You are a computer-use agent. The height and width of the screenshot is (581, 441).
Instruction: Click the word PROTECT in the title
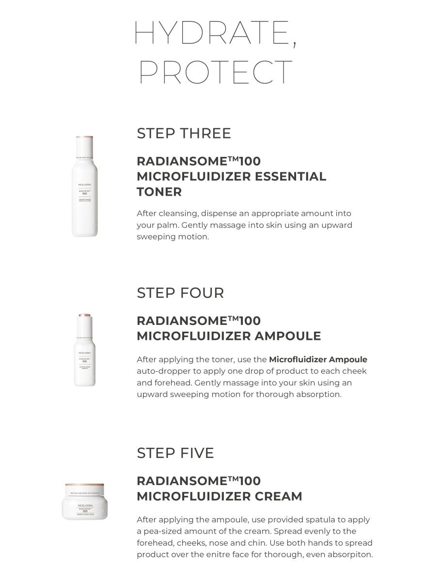pyautogui.click(x=216, y=72)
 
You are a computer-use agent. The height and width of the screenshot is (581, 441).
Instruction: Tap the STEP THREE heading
pyautogui.click(x=184, y=133)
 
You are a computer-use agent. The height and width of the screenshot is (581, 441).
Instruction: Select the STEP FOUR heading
pyautogui.click(x=180, y=293)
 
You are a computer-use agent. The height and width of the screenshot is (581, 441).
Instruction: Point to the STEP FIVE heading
pyautogui.click(x=175, y=453)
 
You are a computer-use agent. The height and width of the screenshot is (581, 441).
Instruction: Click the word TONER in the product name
pyautogui.click(x=159, y=192)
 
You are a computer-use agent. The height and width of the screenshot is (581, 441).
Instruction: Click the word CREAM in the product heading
pyautogui.click(x=277, y=496)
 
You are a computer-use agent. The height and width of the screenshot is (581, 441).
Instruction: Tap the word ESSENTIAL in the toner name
pyautogui.click(x=288, y=176)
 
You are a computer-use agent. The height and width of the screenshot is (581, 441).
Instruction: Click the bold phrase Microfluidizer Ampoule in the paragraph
pyautogui.click(x=318, y=359)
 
